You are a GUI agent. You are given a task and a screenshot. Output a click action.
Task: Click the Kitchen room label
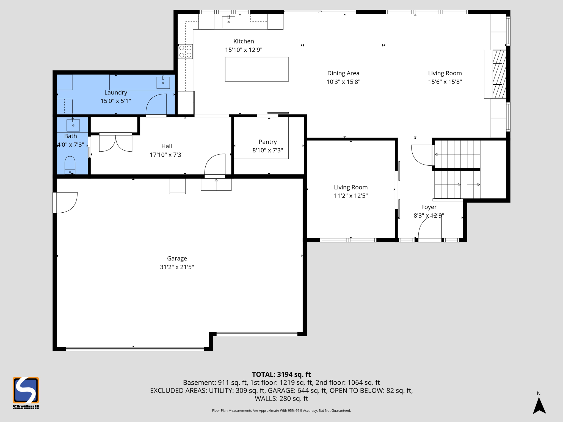click(x=244, y=41)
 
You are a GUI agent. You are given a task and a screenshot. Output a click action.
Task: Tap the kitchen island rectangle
click(x=257, y=69)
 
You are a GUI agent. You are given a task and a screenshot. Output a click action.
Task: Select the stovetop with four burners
click(x=185, y=51)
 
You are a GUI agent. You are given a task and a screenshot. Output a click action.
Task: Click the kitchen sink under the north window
click(x=228, y=22)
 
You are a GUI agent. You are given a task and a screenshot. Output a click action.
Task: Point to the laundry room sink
click(x=163, y=82)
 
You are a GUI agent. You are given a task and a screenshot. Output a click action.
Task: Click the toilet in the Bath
click(x=70, y=165)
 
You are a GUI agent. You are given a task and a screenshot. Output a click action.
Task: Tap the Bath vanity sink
click(x=73, y=125)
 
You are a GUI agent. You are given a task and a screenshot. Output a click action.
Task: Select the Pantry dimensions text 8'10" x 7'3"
click(x=267, y=150)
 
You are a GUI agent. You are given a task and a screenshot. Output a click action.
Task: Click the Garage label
click(x=177, y=258)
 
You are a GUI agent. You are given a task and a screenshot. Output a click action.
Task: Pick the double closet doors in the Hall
click(x=115, y=143)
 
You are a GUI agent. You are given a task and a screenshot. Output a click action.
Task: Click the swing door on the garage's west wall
click(x=65, y=202)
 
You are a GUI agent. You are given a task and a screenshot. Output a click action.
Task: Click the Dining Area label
click(x=343, y=73)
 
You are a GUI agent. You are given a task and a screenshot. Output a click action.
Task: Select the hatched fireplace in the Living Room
click(x=499, y=74)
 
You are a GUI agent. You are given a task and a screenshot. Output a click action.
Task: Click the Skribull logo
click(x=26, y=393)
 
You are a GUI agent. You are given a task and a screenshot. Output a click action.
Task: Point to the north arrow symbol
click(x=539, y=405)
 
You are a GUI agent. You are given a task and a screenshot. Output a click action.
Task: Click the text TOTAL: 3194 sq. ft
click(x=281, y=374)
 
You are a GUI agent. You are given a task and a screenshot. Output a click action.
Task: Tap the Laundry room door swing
click(x=156, y=104)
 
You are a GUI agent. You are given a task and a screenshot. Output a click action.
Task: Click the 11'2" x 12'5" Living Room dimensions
click(x=351, y=196)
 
